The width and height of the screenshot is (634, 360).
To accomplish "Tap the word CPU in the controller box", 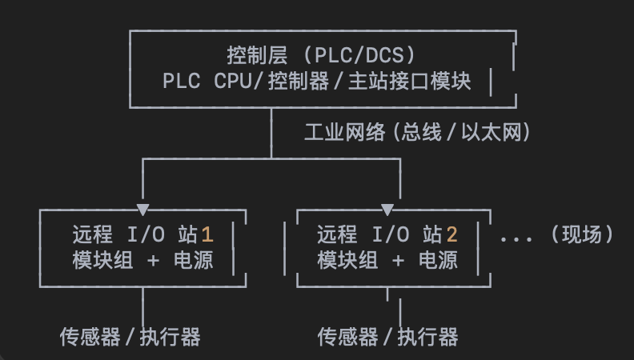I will pyautogui.click(x=233, y=82).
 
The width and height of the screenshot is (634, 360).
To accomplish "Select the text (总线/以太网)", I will pyautogui.click(x=460, y=133).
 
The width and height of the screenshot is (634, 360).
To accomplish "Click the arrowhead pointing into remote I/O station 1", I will pyautogui.click(x=143, y=210).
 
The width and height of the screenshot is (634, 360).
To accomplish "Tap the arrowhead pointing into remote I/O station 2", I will pyautogui.click(x=387, y=210).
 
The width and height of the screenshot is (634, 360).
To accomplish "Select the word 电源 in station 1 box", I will pyautogui.click(x=194, y=260).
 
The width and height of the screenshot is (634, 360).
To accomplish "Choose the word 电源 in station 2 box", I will pyautogui.click(x=438, y=260).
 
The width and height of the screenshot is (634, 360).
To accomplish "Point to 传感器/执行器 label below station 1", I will pyautogui.click(x=130, y=337).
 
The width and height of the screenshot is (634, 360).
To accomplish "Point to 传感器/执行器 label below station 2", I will pyautogui.click(x=387, y=337).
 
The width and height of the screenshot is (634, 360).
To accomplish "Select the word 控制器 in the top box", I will pyautogui.click(x=305, y=82).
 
